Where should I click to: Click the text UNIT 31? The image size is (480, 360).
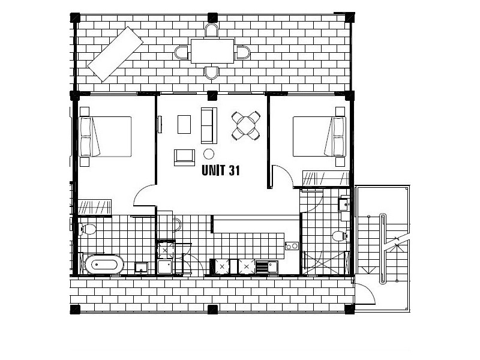pyautogui.click(x=221, y=171)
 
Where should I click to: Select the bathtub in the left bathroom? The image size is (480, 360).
pyautogui.click(x=104, y=264)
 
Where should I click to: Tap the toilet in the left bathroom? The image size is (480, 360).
pyautogui.click(x=88, y=229)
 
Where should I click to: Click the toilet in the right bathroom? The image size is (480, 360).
pyautogui.click(x=340, y=236)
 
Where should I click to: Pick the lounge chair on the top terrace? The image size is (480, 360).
pyautogui.click(x=115, y=53)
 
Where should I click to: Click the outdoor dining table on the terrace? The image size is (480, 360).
pyautogui.click(x=212, y=51)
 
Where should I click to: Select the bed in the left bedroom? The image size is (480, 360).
pyautogui.click(x=106, y=137)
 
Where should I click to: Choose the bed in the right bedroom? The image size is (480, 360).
pyautogui.click(x=319, y=137)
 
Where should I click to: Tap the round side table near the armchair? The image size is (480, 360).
pyautogui.click(x=209, y=153)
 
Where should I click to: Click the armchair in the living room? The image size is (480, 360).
pyautogui.click(x=185, y=157)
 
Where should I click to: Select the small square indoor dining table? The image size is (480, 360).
pyautogui.click(x=247, y=125)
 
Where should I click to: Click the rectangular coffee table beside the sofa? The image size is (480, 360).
pyautogui.click(x=185, y=124)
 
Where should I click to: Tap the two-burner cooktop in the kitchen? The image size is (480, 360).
pyautogui.click(x=292, y=245)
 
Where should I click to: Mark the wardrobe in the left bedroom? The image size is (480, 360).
pyautogui.click(x=95, y=206)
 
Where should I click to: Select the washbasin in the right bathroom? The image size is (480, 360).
pyautogui.click(x=344, y=205)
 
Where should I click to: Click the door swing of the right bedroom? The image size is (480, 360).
pyautogui.click(x=281, y=177)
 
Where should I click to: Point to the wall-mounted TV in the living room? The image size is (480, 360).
pyautogui.click(x=160, y=124)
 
